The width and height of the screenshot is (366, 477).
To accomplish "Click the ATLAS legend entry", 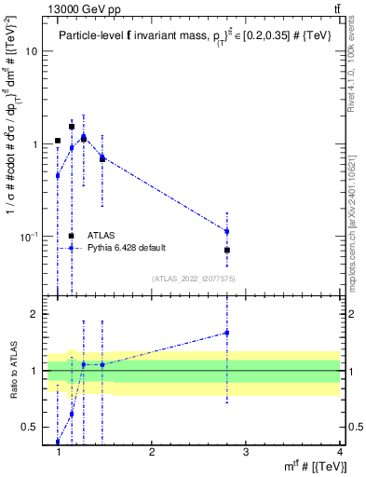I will coord(102,236).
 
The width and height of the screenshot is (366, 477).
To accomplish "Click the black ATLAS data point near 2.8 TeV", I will coord(227,250).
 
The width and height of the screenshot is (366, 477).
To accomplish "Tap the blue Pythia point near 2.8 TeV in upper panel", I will coord(227,231).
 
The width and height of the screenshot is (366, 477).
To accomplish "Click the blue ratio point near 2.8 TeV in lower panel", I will coord(227,333).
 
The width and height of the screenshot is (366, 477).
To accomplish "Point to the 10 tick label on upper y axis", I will coord(31,52).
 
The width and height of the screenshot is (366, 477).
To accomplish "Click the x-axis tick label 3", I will coord(245,451).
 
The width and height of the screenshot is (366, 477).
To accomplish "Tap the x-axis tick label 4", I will coord(339,451).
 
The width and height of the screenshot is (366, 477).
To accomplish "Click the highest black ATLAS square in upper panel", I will coord(71,126).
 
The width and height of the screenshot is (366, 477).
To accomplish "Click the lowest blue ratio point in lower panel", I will coord(58,442).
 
